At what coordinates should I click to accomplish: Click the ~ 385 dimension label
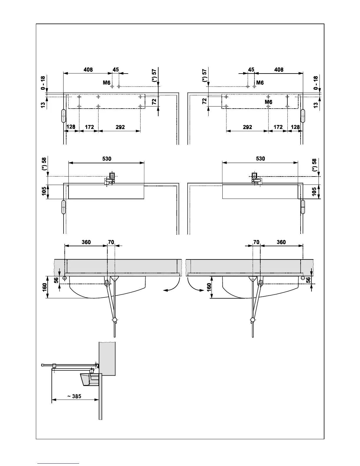(x=74, y=396)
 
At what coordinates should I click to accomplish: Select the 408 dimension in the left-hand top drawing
(x=88, y=70)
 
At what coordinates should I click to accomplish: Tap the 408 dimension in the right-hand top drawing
(x=279, y=70)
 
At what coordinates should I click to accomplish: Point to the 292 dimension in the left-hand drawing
(x=120, y=127)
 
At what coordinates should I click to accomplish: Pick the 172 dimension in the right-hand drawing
(x=278, y=127)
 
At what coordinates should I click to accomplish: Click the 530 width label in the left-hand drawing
(x=106, y=159)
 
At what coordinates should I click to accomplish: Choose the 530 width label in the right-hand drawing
(x=260, y=159)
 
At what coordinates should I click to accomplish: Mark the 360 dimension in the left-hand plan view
(x=86, y=242)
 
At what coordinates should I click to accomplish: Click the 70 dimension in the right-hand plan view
(x=256, y=242)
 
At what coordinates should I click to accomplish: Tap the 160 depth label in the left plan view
(x=44, y=287)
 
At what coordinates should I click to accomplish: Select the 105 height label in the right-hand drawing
(x=314, y=192)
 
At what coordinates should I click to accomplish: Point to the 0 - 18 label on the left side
(x=43, y=83)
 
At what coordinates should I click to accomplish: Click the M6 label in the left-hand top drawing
(x=106, y=83)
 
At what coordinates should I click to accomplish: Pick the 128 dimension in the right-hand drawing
(x=295, y=127)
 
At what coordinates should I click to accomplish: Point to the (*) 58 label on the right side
(x=314, y=165)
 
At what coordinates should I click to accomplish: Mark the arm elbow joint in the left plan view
(x=115, y=320)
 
